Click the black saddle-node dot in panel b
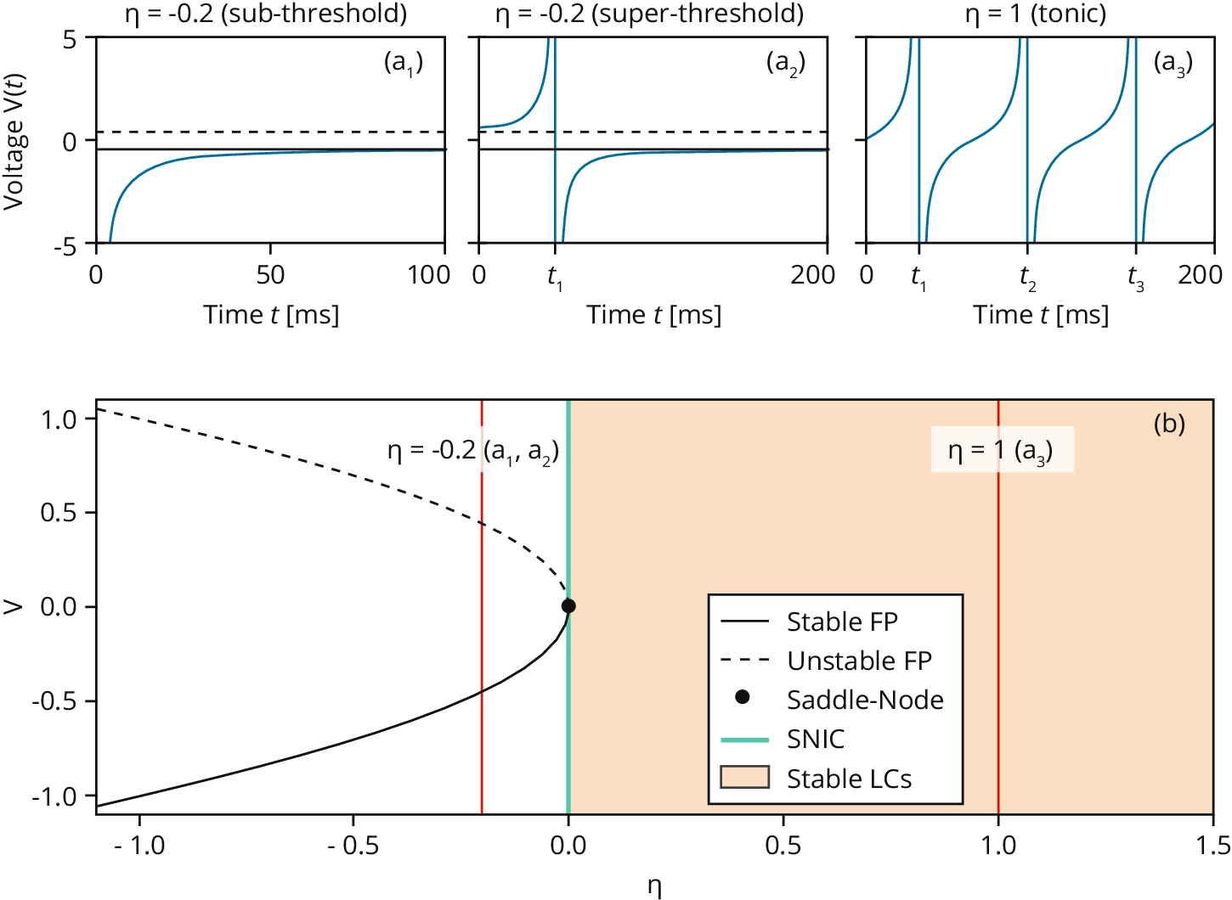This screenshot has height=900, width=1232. pos(568,606)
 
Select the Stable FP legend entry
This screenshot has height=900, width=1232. pos(841,622)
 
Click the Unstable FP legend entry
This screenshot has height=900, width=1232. pos(859,661)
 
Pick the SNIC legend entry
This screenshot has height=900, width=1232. pos(815,740)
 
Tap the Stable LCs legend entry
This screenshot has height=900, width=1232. pos(849,779)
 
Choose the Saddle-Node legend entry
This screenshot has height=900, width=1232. pos(864,700)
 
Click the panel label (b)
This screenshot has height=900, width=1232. pos(1169,423)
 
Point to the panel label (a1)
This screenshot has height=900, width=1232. pos(404,63)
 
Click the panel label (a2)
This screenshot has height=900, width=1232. pos(786,63)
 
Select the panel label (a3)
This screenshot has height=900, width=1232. pos(1173,63)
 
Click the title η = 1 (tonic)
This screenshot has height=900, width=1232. pos(1036,14)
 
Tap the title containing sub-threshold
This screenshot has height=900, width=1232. pos(266,14)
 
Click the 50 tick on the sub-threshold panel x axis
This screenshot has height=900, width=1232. pos(270,275)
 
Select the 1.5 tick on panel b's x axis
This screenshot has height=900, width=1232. pos(1212,845)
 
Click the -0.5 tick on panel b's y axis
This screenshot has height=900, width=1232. pos(54,701)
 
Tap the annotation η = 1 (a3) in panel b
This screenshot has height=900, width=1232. pos(1001,450)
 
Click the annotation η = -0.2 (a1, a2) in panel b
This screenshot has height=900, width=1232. pos(472,451)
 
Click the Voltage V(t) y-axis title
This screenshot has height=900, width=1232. pos(14,141)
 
